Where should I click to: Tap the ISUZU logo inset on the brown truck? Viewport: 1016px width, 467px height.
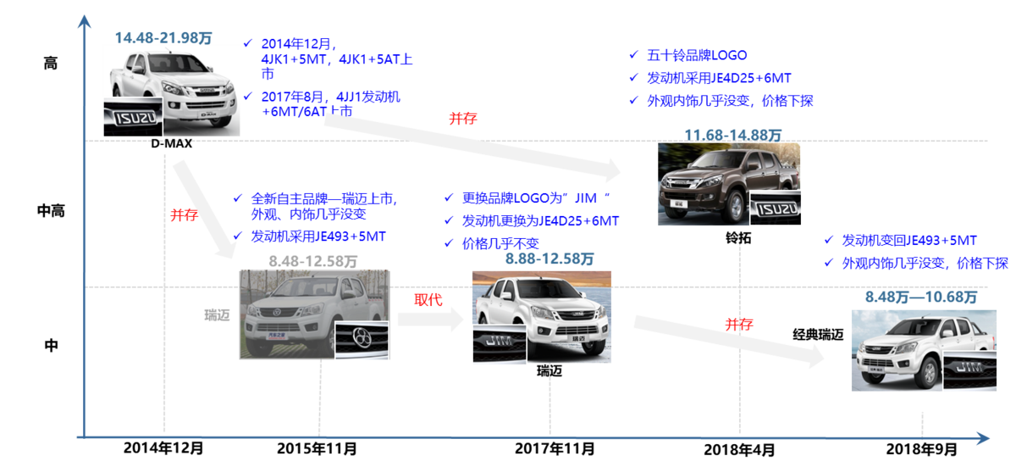click(774, 208)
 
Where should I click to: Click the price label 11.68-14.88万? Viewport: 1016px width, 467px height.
click(733, 134)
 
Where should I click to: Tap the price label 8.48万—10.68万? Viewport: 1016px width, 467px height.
click(921, 297)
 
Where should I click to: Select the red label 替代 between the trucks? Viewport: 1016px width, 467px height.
click(428, 299)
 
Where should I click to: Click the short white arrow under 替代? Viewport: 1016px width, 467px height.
click(431, 319)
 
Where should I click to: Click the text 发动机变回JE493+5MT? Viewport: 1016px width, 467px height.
click(911, 241)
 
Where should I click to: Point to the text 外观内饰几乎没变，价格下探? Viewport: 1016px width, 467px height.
click(927, 264)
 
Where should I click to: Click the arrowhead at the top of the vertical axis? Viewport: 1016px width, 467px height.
click(82, 19)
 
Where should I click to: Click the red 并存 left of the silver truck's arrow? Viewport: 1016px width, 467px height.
click(183, 215)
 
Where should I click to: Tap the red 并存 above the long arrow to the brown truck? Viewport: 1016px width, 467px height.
click(464, 119)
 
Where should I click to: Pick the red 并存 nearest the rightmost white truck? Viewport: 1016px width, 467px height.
click(739, 324)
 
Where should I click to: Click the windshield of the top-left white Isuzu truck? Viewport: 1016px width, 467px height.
click(158, 64)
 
